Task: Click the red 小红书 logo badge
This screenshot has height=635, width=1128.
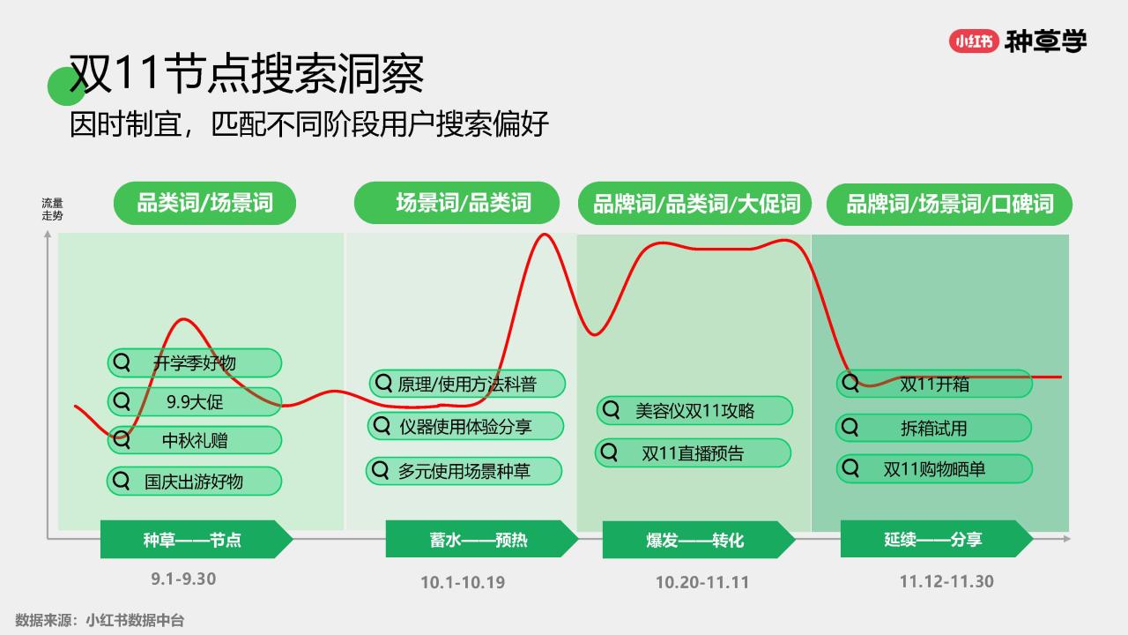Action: tap(974, 41)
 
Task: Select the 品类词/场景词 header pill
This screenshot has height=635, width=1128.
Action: tap(204, 203)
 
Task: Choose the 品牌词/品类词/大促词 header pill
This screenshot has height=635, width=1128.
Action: tap(695, 204)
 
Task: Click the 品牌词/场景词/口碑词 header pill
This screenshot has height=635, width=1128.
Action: tap(950, 204)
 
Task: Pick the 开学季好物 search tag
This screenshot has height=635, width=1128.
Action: tap(195, 362)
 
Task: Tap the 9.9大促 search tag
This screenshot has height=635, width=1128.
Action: tap(195, 401)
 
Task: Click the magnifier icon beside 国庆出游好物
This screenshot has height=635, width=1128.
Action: tap(122, 481)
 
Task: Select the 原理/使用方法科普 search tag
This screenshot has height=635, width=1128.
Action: tap(467, 384)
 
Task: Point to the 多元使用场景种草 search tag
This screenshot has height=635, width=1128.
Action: tap(464, 471)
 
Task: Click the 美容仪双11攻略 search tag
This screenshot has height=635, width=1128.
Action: tap(695, 411)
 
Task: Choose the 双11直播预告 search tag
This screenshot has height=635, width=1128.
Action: tap(693, 453)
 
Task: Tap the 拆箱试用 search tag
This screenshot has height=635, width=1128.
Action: tap(933, 429)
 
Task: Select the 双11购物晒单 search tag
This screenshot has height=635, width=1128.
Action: tap(935, 469)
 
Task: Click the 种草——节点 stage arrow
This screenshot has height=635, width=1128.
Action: tap(197, 539)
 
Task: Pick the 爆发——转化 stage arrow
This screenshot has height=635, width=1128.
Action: tap(699, 540)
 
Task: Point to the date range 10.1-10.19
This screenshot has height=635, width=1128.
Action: tap(463, 583)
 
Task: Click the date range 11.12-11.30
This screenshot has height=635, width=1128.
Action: tap(946, 581)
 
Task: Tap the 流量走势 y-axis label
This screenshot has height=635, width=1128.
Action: tap(52, 210)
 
